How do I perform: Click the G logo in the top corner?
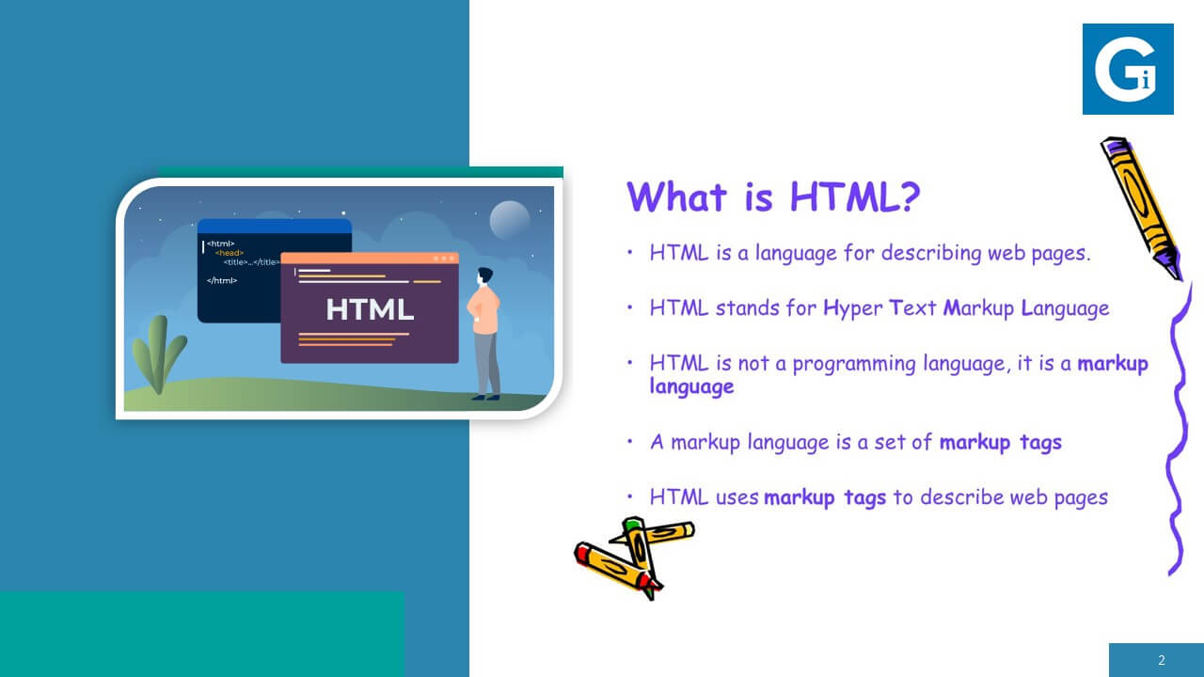click(1128, 69)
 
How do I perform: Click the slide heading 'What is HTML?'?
click(773, 197)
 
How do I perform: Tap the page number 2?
click(1162, 660)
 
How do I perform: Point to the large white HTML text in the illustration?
click(370, 309)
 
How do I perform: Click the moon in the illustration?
click(509, 220)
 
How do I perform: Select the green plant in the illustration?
click(159, 354)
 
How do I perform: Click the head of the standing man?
click(484, 276)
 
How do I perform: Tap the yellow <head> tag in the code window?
click(230, 253)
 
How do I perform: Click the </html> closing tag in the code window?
click(222, 280)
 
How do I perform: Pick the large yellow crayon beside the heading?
click(1142, 207)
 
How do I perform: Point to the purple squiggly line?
click(1178, 430)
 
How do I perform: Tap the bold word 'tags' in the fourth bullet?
click(1041, 442)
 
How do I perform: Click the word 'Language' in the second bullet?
click(1065, 308)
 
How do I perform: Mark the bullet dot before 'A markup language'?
click(630, 442)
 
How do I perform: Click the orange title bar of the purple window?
click(370, 259)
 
